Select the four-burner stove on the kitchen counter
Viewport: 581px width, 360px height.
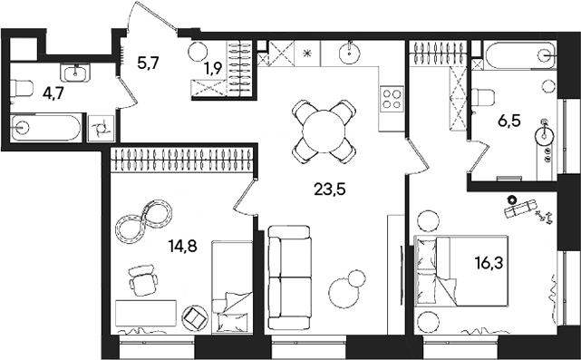click(x=392, y=96)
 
